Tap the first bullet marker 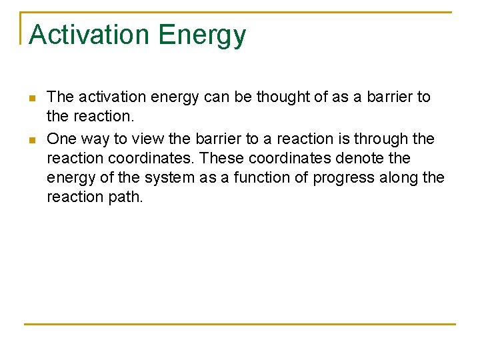(x=31, y=99)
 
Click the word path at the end (x=127, y=197)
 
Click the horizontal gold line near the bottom (x=240, y=324)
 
